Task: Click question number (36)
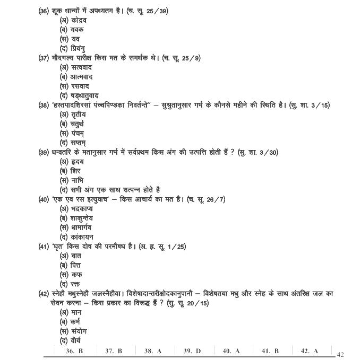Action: tap(45, 11)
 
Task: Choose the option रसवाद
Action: tap(79, 86)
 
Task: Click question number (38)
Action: tap(45, 105)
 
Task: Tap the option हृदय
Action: tap(76, 161)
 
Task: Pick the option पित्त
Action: tap(75, 265)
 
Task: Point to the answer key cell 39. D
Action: tap(192, 351)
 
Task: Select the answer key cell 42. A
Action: tap(309, 351)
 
